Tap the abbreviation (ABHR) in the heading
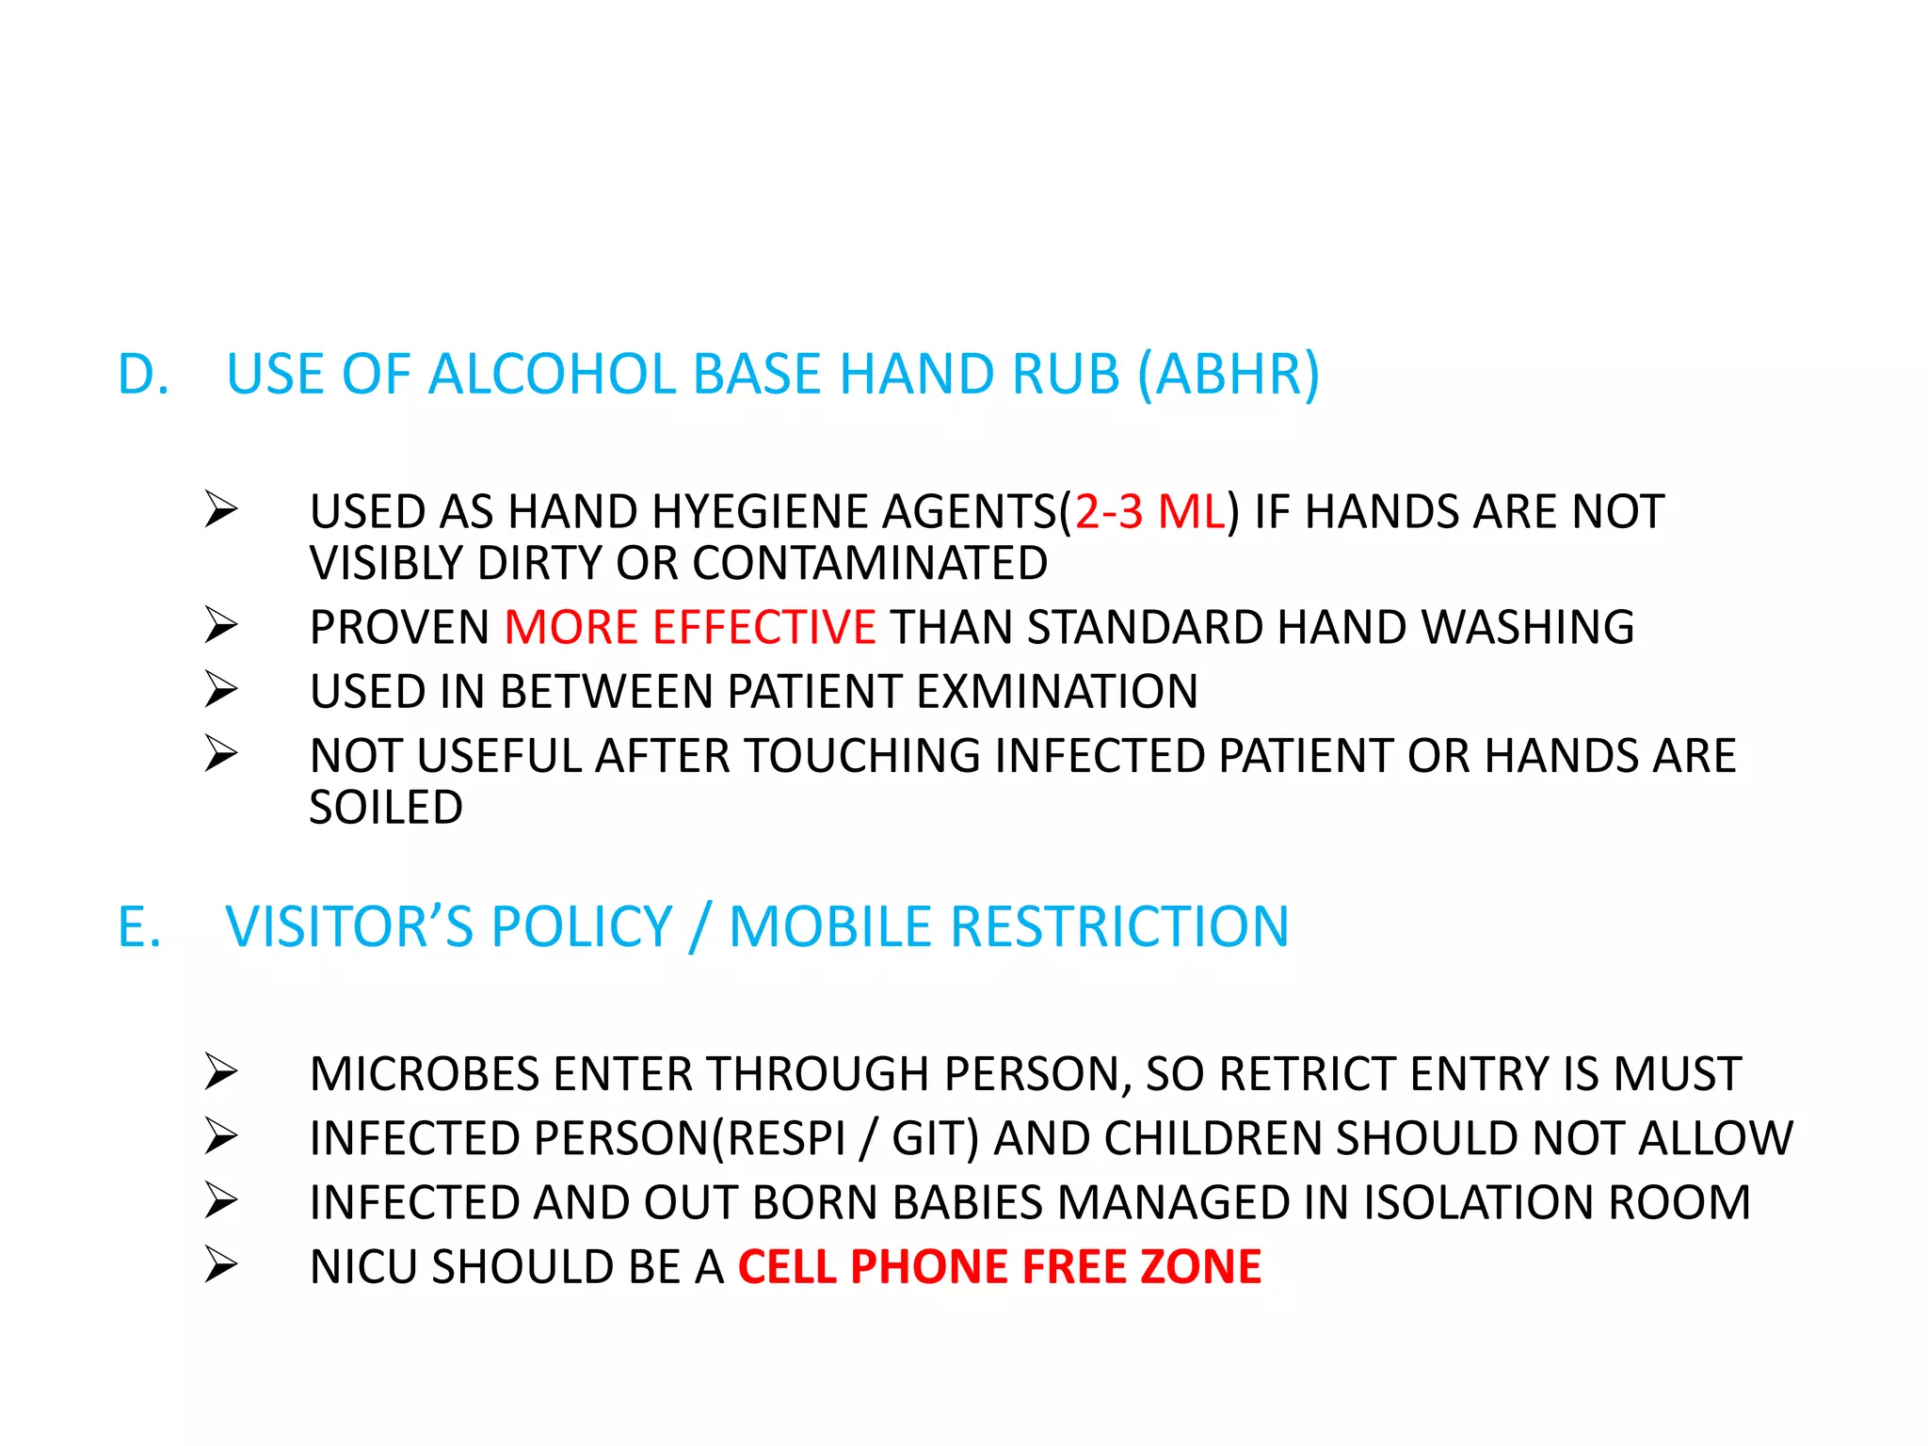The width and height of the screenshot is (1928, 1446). (x=1229, y=374)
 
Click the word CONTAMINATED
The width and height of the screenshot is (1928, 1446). (x=870, y=563)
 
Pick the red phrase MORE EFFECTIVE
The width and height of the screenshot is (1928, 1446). (x=690, y=627)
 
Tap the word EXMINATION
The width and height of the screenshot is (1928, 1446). (x=1057, y=691)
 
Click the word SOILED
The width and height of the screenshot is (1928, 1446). (x=386, y=807)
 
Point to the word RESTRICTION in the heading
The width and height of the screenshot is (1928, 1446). (x=1119, y=926)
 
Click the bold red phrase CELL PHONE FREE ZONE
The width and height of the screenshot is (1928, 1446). (x=999, y=1266)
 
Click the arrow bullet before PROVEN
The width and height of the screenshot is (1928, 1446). (x=221, y=625)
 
